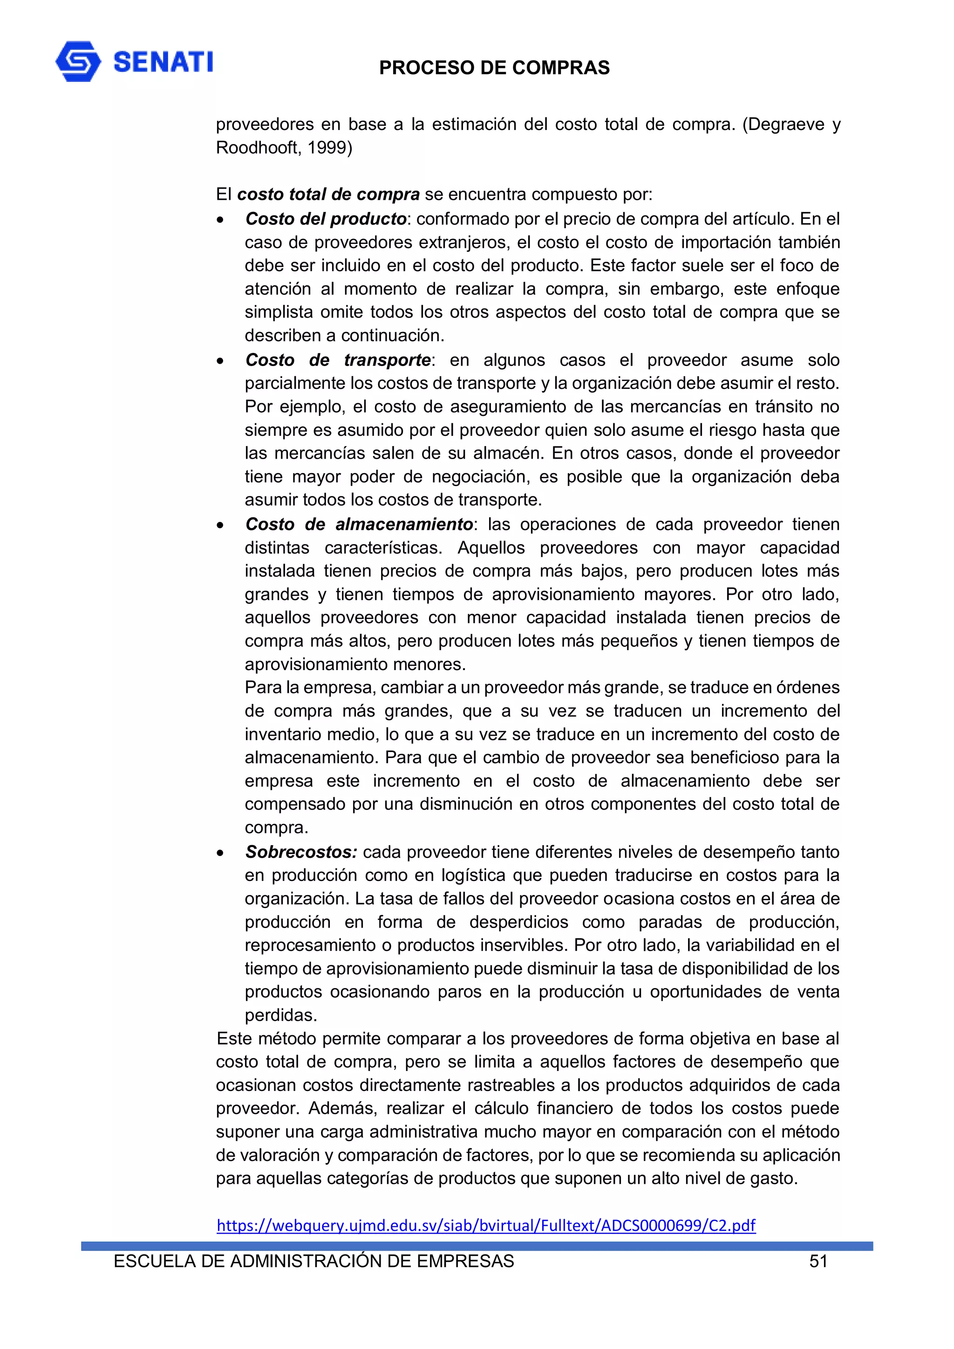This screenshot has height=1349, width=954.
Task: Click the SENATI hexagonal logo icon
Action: (x=78, y=61)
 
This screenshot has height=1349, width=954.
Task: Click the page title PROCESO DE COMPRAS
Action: (x=494, y=68)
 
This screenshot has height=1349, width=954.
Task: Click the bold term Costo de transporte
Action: (x=338, y=359)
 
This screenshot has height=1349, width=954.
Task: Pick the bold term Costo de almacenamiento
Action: (x=359, y=524)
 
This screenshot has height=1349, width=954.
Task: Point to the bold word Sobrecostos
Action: (x=301, y=852)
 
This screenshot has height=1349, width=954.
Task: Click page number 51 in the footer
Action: (x=818, y=1261)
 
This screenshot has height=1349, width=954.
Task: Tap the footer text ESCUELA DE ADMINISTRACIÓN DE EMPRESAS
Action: (x=313, y=1261)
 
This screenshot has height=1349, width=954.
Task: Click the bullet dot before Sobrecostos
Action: (x=220, y=853)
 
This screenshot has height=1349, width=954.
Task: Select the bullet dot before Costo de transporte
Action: (x=220, y=361)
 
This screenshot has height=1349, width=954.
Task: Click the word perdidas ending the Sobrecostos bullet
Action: (x=280, y=1015)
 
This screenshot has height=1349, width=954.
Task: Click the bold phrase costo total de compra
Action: (x=328, y=195)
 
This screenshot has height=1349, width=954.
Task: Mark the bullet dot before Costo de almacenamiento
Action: (x=220, y=525)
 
